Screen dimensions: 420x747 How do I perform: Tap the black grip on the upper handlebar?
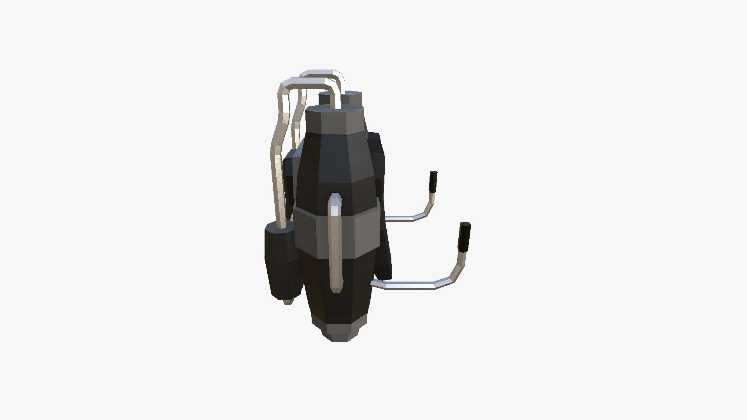point(433,181)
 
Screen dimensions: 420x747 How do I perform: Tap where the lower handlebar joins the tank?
point(374,283)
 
